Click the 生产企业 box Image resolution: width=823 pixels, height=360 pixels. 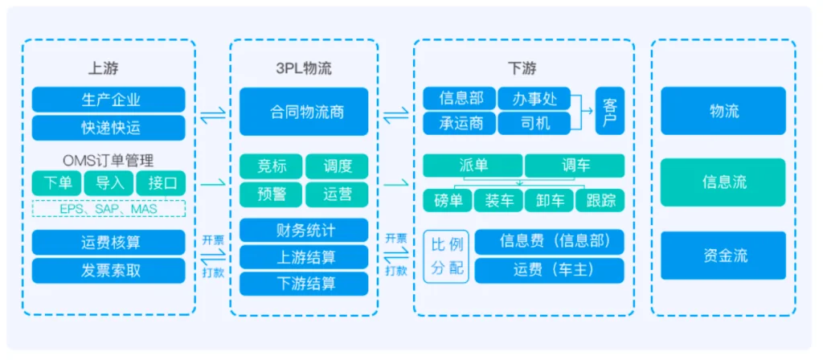coord(109,100)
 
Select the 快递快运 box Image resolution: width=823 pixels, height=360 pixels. coord(109,128)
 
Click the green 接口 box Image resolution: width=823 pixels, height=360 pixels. coord(161,183)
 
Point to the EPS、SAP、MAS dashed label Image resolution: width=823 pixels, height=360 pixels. coord(109,209)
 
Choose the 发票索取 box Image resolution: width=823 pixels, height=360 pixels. coord(109,270)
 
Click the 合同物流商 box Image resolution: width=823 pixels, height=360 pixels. coord(304,112)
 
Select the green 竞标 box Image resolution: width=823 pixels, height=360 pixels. coord(271,166)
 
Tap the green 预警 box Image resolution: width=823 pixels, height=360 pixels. coord(271,194)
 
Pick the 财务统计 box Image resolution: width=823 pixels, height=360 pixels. coord(304,231)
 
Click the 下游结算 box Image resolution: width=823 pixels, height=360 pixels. coord(304,283)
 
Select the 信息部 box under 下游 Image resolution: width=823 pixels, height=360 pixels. coord(461,98)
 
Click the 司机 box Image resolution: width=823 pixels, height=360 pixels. coord(534,124)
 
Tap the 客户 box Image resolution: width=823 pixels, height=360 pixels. coord(609,111)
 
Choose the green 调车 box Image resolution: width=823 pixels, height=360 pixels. coord(575,166)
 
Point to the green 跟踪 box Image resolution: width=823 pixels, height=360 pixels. coord(600,201)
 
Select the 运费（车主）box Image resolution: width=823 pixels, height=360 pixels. coord(549,270)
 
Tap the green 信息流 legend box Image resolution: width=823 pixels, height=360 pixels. coord(723,182)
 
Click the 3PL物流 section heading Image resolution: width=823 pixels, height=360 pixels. coord(303,67)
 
